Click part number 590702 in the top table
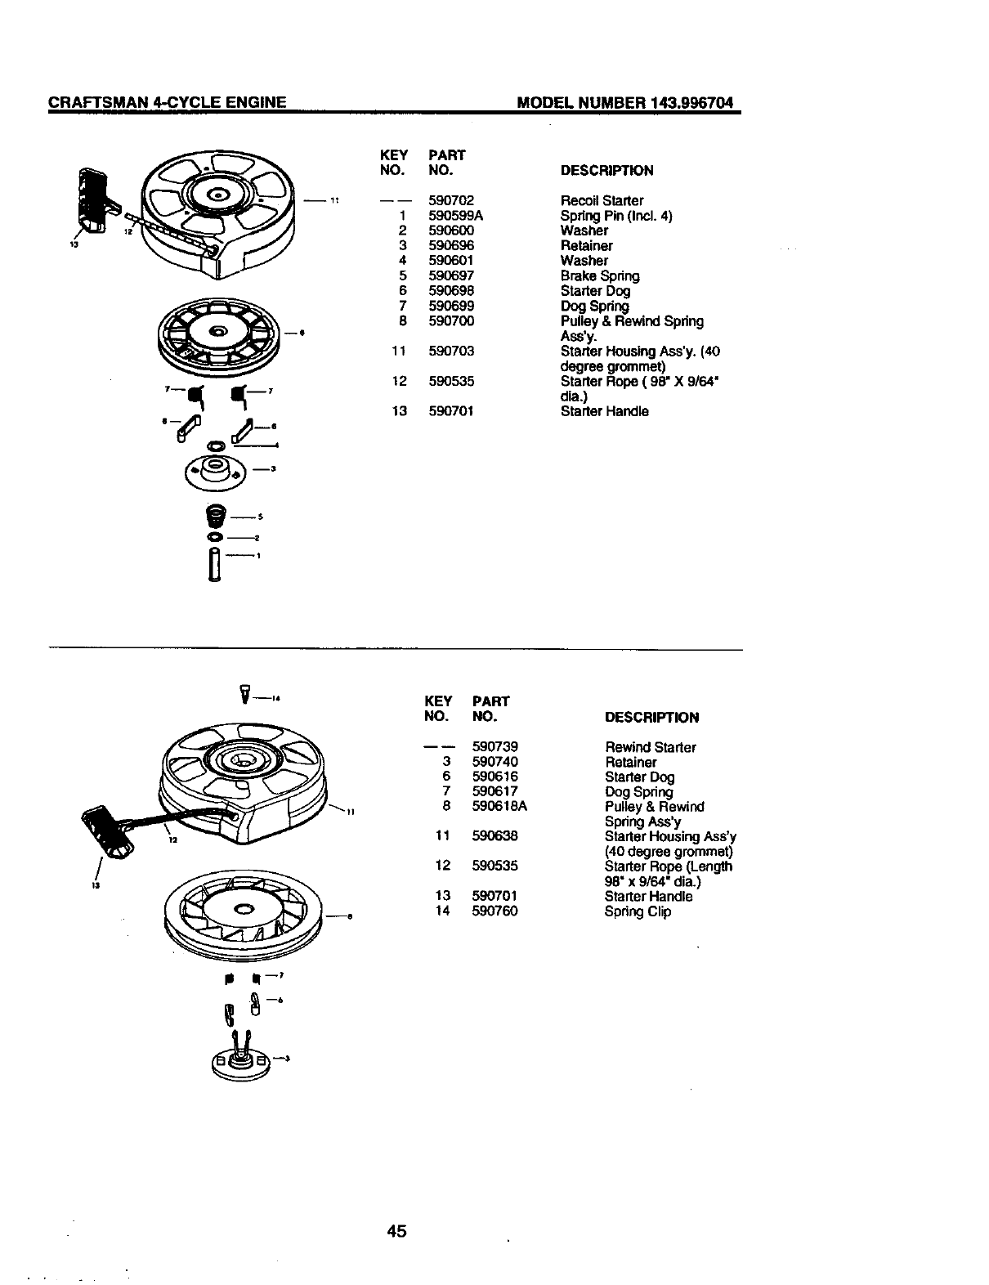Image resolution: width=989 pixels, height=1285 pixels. coord(451,200)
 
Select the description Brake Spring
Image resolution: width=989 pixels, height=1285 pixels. coord(600,276)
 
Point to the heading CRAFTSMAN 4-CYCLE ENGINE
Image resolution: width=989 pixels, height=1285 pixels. coord(168,103)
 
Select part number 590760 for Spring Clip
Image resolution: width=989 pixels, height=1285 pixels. coord(494,911)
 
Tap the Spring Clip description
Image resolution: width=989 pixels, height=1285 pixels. coord(638,911)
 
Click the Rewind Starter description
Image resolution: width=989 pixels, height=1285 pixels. coord(651,747)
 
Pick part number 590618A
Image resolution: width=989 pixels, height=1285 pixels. coord(499,807)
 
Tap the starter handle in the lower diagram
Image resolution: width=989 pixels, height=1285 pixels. coord(109,834)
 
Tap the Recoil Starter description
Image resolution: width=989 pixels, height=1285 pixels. coord(602,200)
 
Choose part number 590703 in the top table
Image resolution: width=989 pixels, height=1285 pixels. coord(451,351)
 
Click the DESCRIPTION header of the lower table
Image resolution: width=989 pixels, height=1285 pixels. coord(651,718)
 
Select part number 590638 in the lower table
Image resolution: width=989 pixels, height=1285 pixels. coord(494,836)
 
